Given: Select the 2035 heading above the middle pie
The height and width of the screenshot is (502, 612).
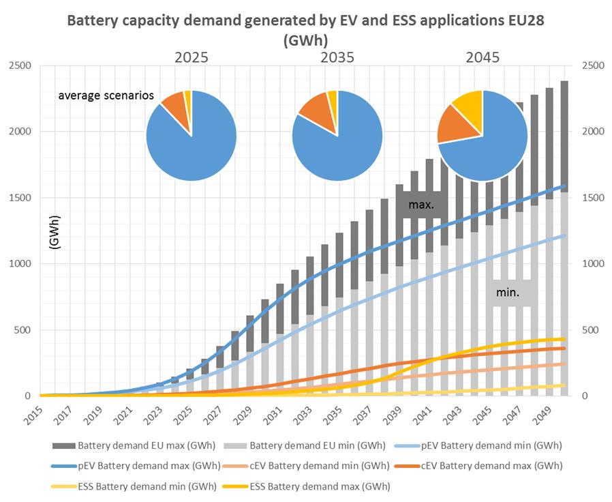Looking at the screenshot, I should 337,57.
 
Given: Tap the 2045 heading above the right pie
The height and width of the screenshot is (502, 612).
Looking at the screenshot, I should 482,57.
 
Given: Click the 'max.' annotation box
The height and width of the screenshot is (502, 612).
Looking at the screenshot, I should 420,204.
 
